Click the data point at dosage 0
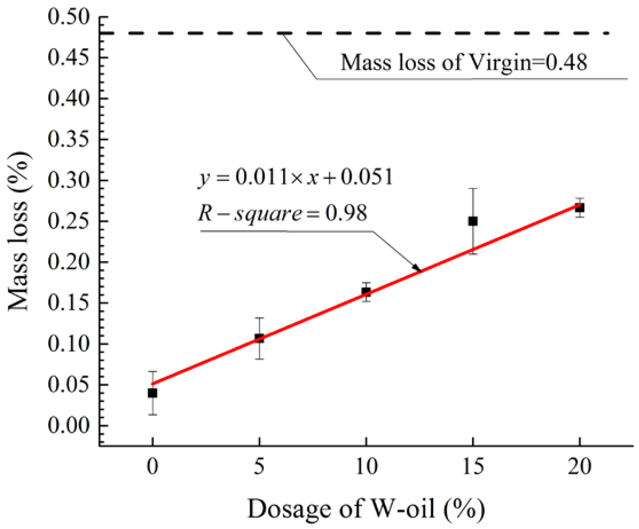point(153,393)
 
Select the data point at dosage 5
point(259,338)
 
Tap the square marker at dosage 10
point(366,292)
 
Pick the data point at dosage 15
point(473,221)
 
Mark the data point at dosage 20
point(580,208)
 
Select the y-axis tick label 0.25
point(69,221)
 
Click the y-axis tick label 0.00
point(69,425)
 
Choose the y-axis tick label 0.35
point(69,139)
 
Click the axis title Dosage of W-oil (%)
point(366,509)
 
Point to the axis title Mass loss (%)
point(19,231)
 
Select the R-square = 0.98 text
point(283,213)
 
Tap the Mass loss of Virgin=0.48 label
point(464,63)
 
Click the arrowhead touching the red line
point(417,268)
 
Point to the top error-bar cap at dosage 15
point(473,189)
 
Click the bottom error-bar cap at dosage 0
point(153,415)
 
